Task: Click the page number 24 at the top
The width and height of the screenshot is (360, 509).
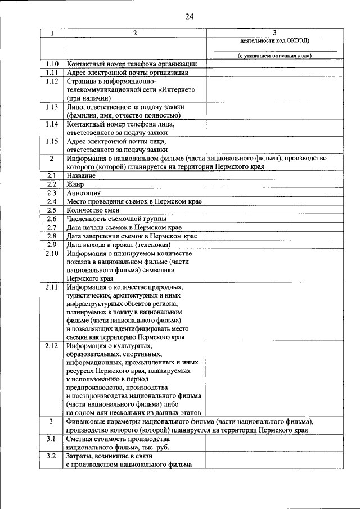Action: point(188,16)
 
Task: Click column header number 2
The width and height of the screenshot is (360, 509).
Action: point(134,33)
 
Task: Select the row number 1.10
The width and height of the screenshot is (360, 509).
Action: point(52,64)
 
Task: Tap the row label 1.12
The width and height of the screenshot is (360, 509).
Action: point(52,82)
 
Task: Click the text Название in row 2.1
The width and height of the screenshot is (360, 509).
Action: point(81,176)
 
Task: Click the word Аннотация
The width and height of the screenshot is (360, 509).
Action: point(83,193)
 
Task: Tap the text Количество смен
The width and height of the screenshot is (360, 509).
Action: point(93,210)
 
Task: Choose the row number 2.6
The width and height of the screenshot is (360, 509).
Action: point(52,218)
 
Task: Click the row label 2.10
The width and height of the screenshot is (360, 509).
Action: point(52,253)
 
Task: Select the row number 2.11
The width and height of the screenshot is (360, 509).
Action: point(52,287)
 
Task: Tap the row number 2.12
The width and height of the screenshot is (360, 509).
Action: point(52,346)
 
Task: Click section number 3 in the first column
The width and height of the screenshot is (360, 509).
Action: point(52,421)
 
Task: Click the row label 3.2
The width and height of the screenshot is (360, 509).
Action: point(52,456)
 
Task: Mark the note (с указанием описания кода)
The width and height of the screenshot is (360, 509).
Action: point(274,56)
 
